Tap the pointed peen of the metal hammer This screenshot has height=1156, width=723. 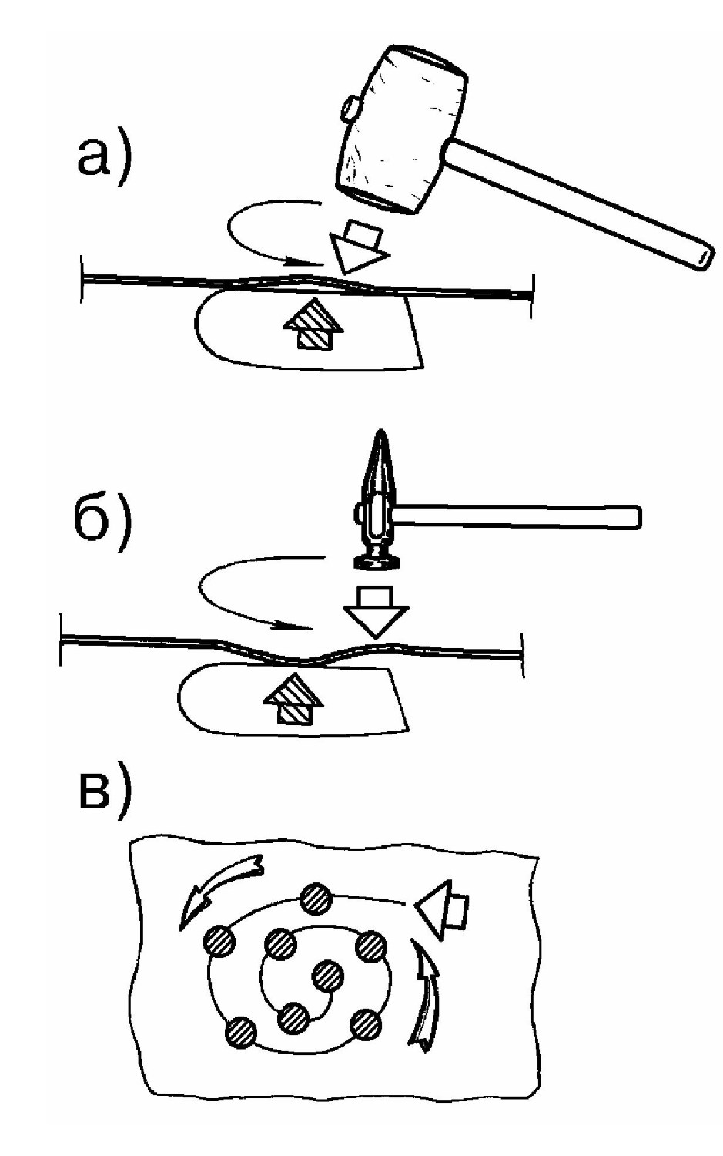(380, 459)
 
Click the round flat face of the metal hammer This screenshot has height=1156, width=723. (377, 563)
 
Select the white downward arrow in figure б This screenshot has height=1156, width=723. (376, 612)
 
